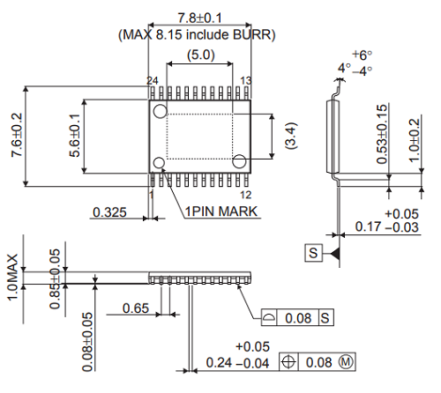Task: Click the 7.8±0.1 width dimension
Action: (198, 19)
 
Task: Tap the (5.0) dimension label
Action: (198, 56)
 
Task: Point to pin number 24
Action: (153, 81)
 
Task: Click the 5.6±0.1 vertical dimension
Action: (74, 137)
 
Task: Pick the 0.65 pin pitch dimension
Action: (135, 308)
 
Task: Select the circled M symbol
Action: (346, 362)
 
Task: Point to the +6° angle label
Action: (361, 54)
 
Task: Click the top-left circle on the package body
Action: (160, 111)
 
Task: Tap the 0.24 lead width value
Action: (220, 363)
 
